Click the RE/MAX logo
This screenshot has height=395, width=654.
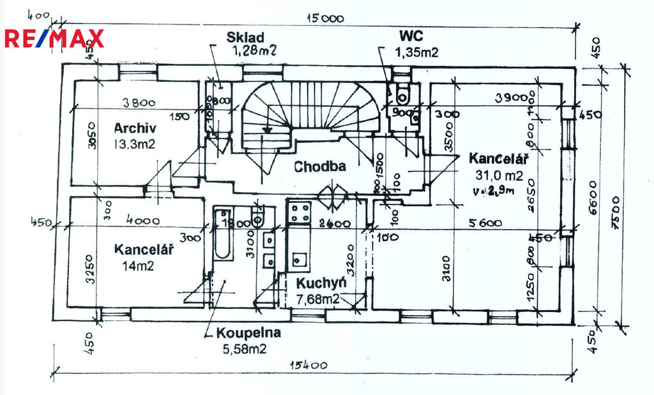tap(54, 38)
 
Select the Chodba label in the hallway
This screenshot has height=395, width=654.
tap(320, 167)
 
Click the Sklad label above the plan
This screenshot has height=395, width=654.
tap(245, 37)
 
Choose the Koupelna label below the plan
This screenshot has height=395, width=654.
tap(248, 332)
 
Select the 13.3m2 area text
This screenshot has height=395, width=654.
tap(134, 144)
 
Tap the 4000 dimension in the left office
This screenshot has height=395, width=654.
tap(143, 220)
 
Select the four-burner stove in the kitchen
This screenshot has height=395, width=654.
tap(299, 212)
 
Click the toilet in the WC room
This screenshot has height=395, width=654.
tap(402, 94)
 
